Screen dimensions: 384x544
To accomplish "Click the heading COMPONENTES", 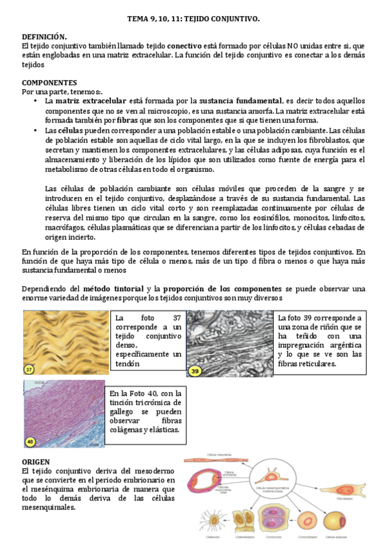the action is [x=49, y=83].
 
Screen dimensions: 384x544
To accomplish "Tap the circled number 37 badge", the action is [x=29, y=370].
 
